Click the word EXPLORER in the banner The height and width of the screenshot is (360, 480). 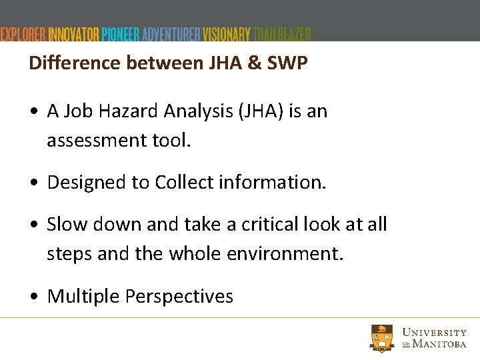coord(23,35)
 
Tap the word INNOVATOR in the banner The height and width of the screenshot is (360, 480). coord(74,35)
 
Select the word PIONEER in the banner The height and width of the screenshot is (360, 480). coord(121,35)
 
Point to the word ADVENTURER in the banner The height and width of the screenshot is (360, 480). coord(171,35)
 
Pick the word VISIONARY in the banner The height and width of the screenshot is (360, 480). coord(227,35)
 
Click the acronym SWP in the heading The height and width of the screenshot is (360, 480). coord(288,63)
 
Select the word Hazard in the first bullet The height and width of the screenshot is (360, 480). coord(121,111)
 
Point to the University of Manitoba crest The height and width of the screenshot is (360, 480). coord(383,337)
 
